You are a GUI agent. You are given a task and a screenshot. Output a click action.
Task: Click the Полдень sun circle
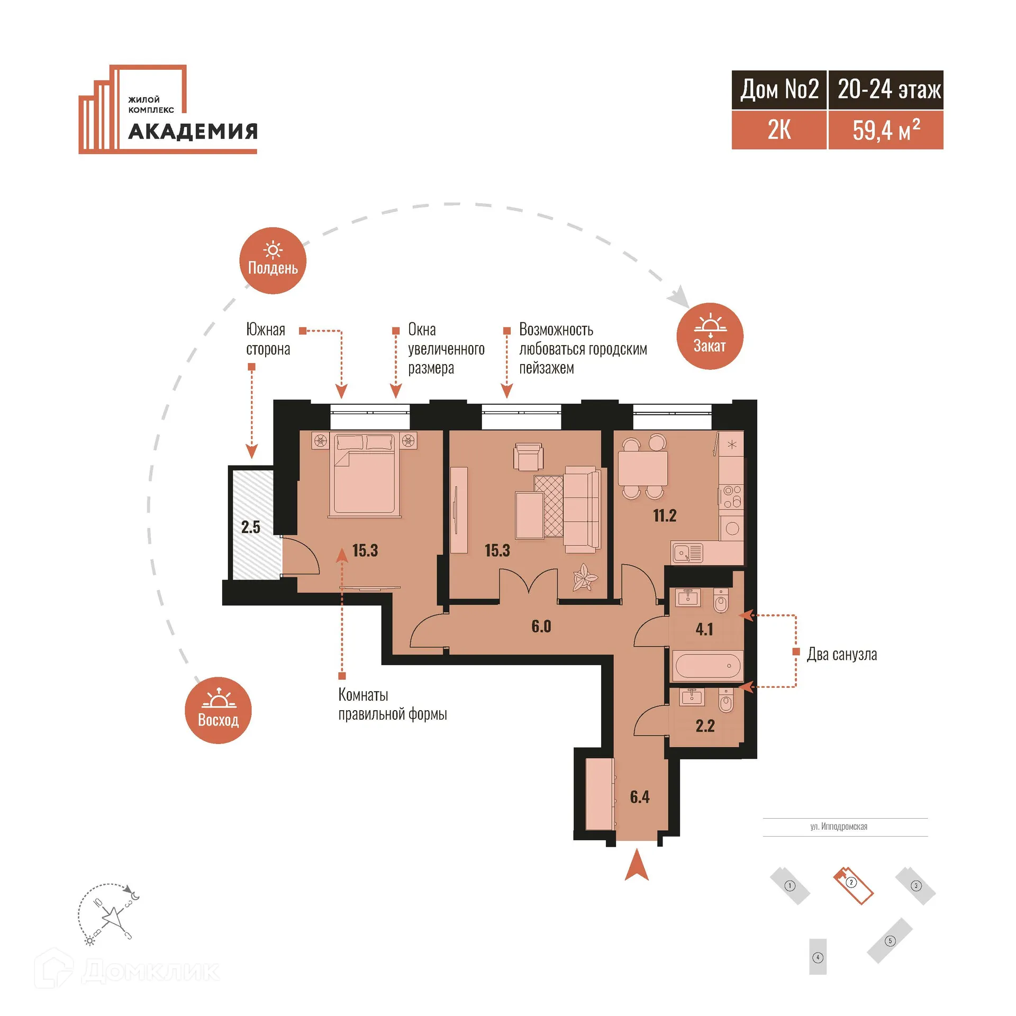click(273, 260)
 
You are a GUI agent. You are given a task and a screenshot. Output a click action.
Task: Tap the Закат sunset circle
click(710, 335)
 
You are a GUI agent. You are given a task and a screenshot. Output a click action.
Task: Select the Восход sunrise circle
click(218, 710)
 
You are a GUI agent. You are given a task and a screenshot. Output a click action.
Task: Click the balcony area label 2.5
click(250, 527)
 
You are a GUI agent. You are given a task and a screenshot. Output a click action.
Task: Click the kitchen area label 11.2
click(664, 515)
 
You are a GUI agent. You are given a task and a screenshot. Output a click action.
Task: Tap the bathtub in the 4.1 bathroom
click(708, 665)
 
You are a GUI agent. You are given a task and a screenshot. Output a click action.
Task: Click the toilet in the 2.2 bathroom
click(726, 702)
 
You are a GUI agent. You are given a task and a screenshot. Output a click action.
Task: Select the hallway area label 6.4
click(639, 797)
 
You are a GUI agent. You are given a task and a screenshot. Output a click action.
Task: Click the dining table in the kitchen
click(642, 468)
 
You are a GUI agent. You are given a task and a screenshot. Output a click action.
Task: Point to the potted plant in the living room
click(584, 577)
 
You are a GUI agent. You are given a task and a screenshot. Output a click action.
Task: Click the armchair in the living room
click(528, 457)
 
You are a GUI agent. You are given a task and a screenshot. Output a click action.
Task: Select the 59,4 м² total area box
click(885, 130)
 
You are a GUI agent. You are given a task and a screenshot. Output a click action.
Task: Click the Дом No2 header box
click(778, 89)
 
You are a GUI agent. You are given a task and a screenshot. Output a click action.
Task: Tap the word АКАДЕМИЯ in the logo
click(193, 131)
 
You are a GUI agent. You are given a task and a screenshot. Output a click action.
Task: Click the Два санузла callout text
click(841, 655)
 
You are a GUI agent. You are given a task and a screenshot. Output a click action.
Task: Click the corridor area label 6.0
click(541, 627)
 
